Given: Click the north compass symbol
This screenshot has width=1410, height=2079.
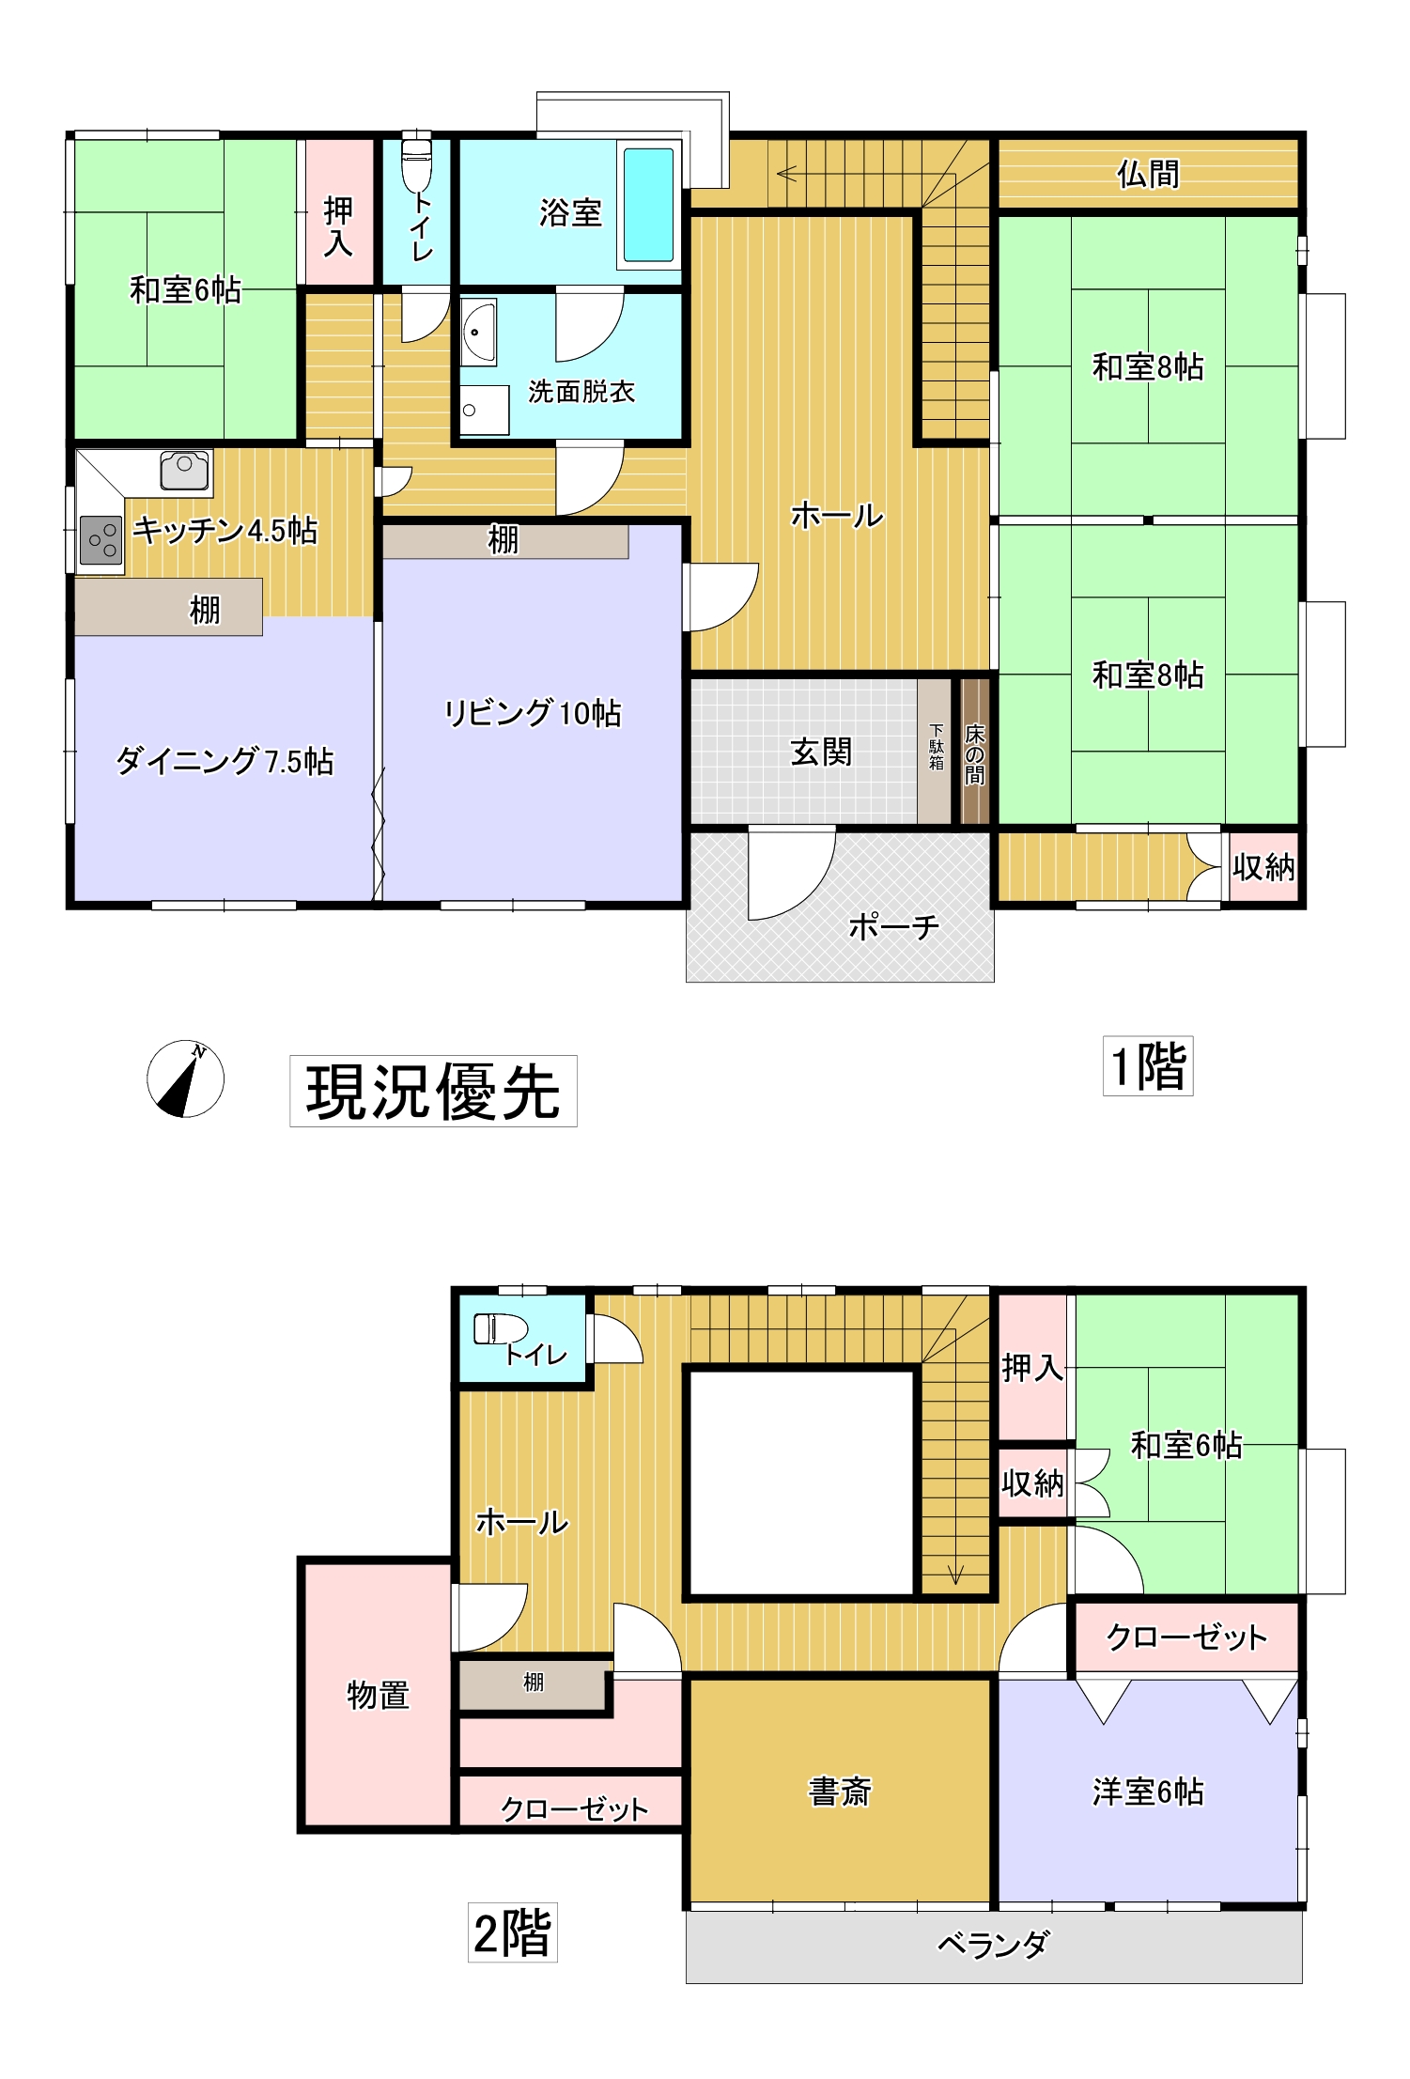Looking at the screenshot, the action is point(186,1078).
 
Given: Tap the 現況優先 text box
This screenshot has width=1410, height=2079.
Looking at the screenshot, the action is point(433,1091).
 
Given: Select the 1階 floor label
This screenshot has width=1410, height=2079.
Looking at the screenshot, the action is point(1148,1066).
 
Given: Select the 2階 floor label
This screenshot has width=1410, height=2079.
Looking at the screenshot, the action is point(513,1932).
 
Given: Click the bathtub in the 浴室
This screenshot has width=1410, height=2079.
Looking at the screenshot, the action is point(649,205).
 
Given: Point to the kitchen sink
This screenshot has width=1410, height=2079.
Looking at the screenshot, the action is point(185,471).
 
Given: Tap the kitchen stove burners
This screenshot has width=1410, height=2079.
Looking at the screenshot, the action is point(101,541).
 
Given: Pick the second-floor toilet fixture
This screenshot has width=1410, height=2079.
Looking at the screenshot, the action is point(500,1328).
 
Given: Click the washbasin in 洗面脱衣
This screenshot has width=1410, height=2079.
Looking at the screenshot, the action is point(478,332).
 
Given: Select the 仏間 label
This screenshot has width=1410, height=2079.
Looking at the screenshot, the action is point(1148,175).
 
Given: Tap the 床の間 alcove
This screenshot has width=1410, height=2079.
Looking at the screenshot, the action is point(975,752).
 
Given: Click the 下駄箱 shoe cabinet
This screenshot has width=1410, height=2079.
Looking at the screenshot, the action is point(936,751).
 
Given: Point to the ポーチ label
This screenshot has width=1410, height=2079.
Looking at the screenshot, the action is point(893,927).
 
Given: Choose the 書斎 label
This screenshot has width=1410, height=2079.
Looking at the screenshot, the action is point(840,1792).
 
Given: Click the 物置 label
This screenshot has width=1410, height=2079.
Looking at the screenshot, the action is point(379,1695).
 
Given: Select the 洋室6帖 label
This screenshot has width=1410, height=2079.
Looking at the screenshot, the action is point(1148,1792).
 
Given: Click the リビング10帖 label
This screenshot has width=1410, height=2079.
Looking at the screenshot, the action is point(533,713).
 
